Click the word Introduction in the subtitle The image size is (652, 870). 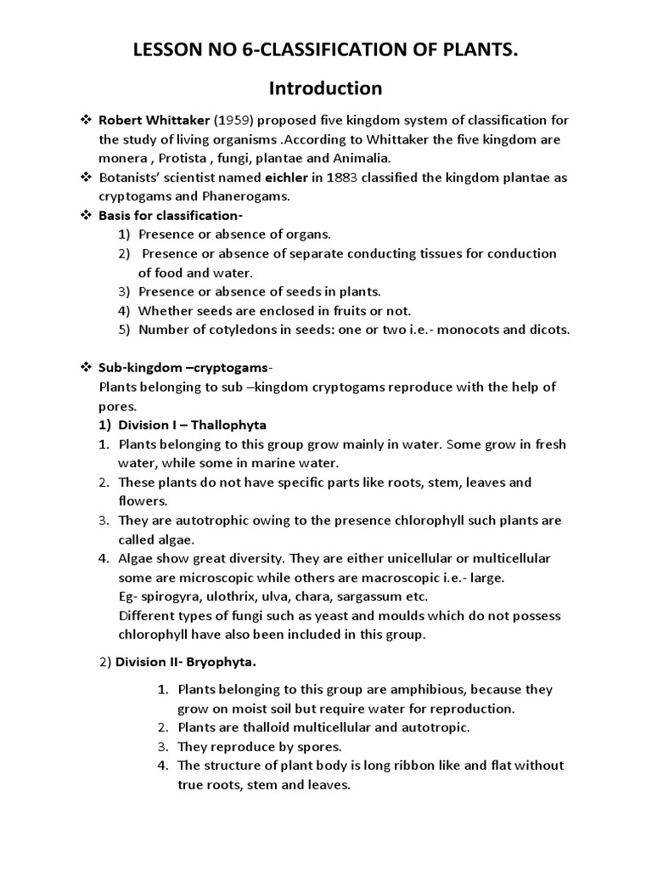click(325, 88)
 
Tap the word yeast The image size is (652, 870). click(332, 615)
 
